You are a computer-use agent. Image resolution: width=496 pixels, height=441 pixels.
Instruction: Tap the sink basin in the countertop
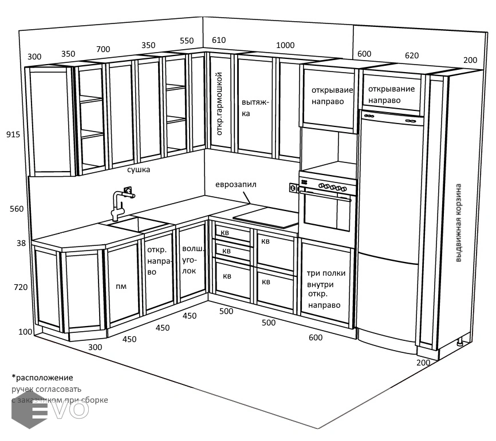133,223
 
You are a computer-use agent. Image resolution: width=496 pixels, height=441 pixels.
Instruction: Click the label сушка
139,170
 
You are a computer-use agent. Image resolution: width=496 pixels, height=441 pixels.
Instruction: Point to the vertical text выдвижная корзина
458,223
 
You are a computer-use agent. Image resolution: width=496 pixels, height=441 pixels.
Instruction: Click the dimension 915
13,134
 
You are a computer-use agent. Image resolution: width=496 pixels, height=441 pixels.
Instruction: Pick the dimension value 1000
285,46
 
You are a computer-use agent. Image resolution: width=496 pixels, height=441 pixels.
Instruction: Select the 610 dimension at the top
219,40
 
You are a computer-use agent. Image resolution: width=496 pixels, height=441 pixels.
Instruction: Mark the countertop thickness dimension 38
21,243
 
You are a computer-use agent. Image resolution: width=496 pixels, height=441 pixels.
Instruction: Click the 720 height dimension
21,287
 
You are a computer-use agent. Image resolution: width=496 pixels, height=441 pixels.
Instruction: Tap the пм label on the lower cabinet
121,285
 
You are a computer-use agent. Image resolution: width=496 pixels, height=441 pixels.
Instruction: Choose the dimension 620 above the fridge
411,55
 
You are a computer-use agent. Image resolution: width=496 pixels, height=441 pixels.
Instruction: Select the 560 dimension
17,209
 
